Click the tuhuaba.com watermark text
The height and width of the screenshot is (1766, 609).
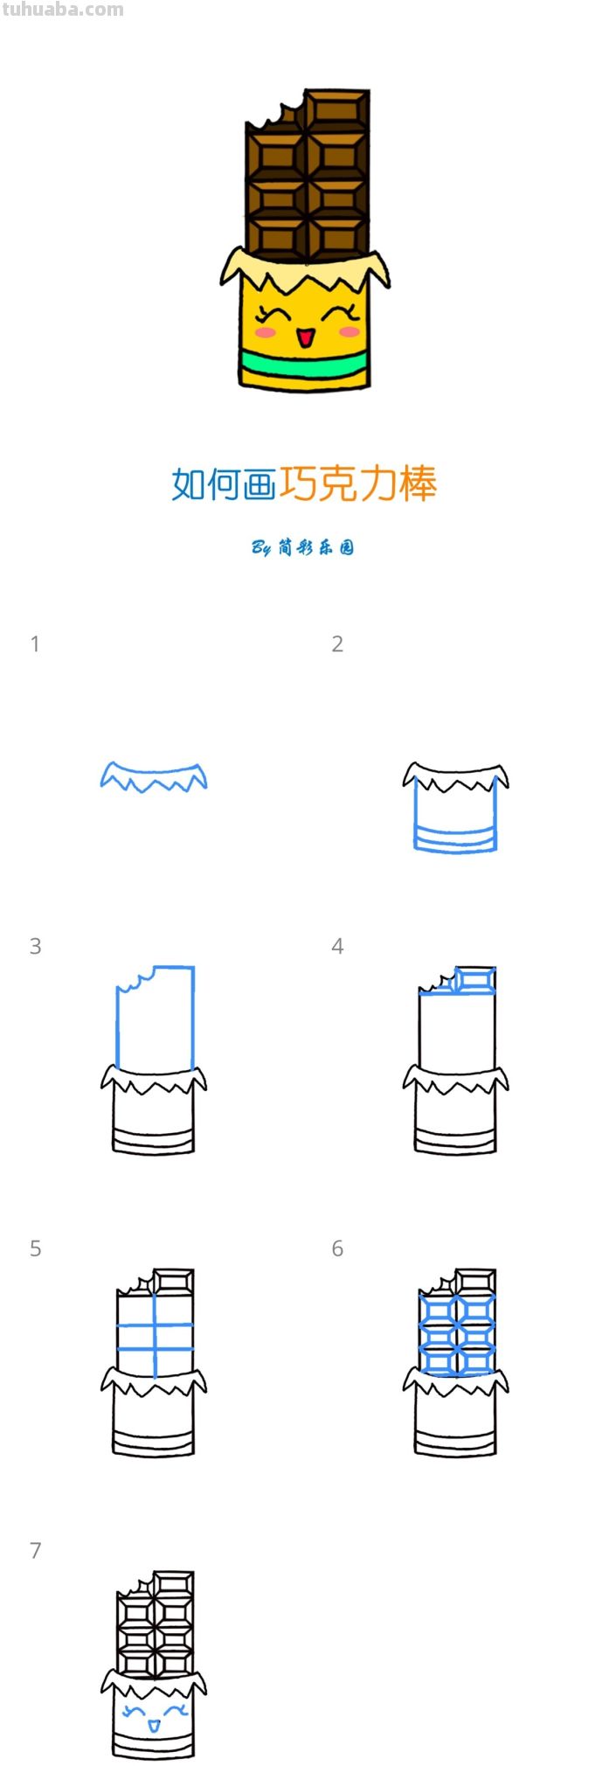tap(62, 10)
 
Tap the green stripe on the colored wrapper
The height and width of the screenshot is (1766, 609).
tap(304, 362)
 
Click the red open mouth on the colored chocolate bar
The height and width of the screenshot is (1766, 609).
tap(304, 337)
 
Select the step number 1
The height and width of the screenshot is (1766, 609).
tap(35, 644)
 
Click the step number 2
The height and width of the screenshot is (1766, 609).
tap(337, 644)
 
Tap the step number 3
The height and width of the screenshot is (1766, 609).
tap(35, 946)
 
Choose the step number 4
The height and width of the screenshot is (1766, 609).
tap(337, 946)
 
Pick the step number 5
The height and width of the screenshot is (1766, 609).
tap(35, 1248)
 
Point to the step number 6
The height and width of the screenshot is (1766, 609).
tap(337, 1248)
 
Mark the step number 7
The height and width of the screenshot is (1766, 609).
tap(35, 1550)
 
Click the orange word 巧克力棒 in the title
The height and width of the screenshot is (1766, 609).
tap(357, 483)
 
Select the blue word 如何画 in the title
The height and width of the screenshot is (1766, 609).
tap(224, 483)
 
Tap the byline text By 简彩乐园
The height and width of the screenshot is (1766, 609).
tap(303, 548)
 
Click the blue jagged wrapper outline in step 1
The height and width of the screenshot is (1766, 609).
tap(154, 776)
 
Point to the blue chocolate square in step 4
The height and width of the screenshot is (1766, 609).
tap(474, 979)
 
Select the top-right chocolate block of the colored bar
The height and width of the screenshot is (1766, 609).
tap(336, 110)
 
